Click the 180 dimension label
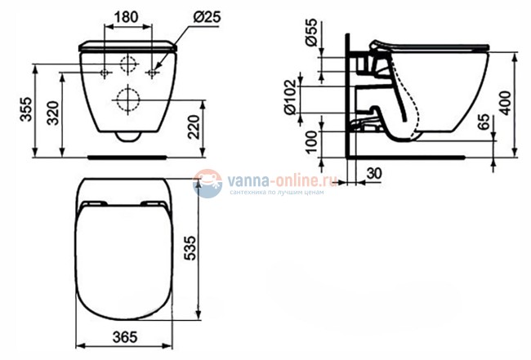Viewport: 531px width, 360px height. point(127,16)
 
